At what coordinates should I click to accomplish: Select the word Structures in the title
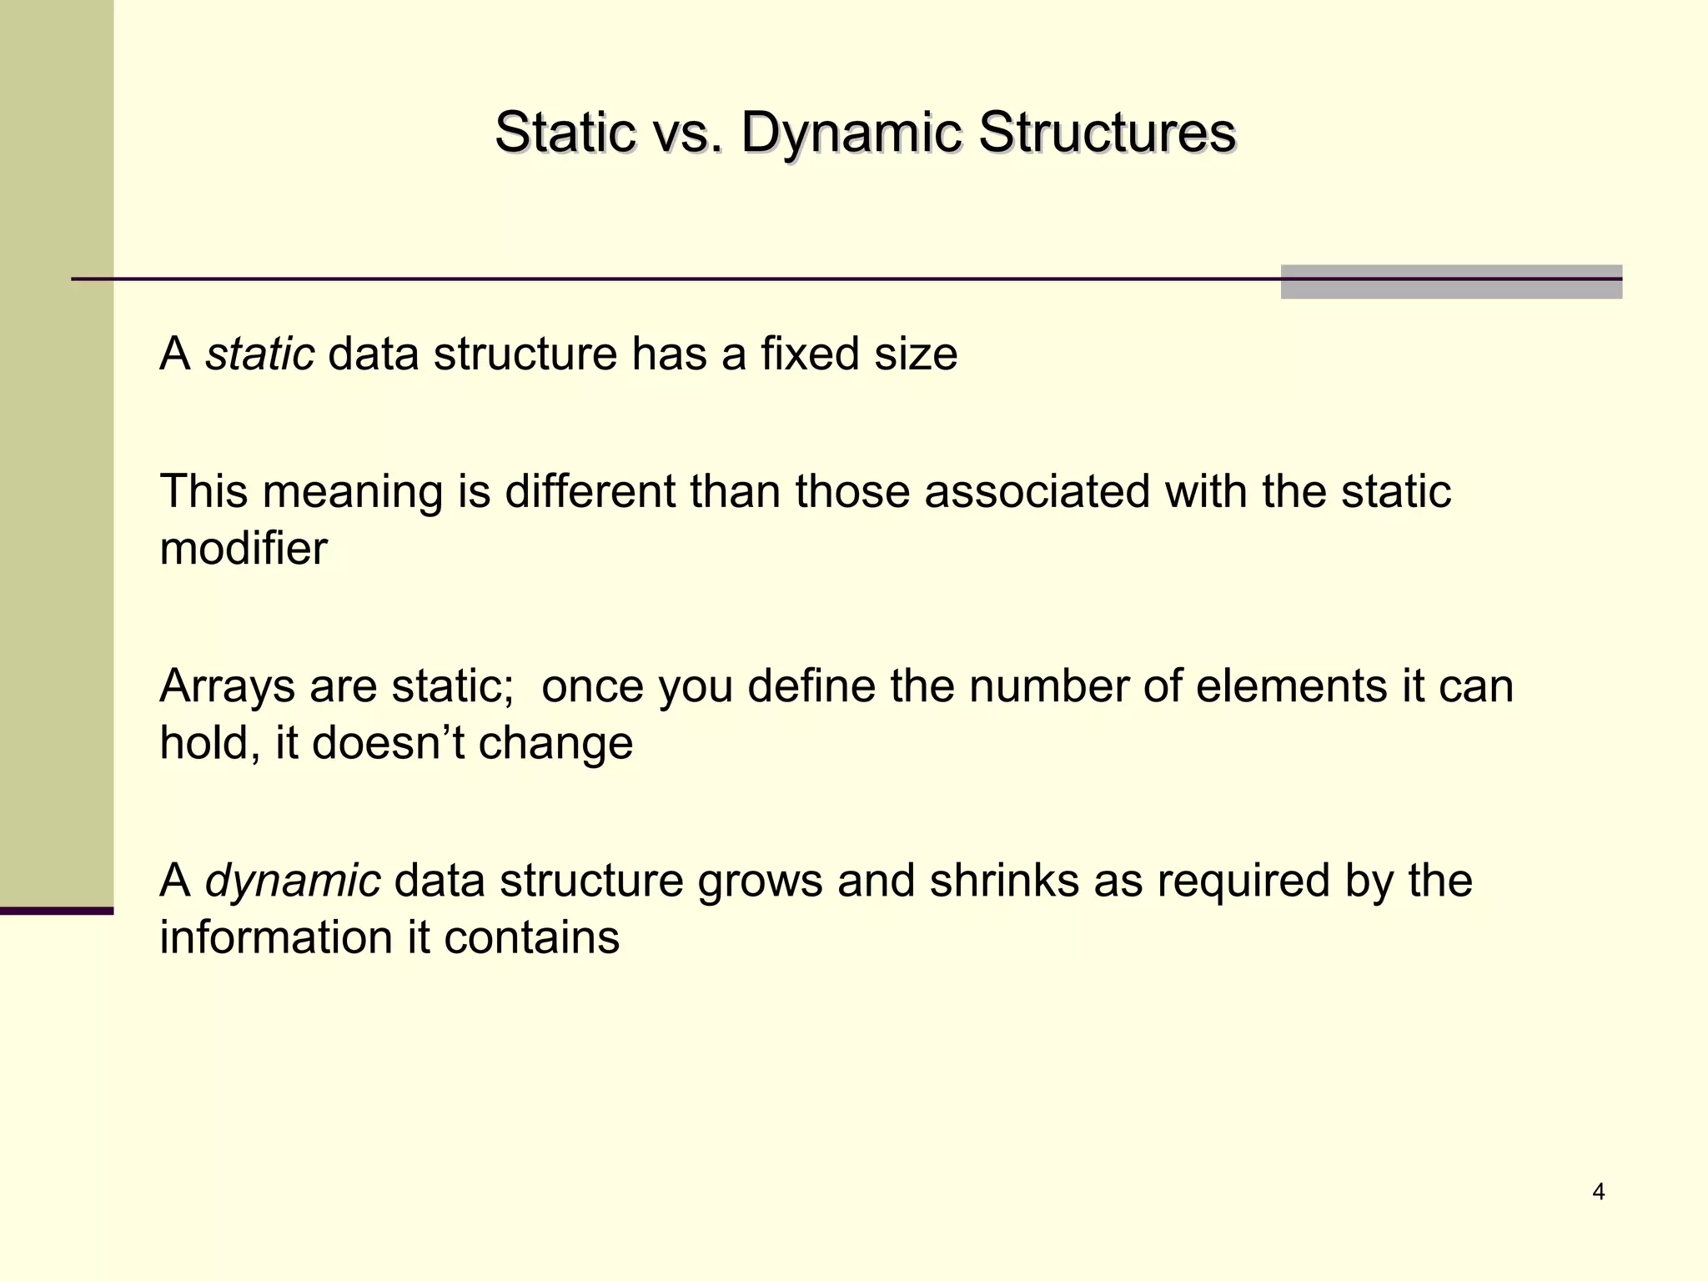1107,133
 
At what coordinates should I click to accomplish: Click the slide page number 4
1598,1192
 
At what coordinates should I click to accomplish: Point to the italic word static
259,354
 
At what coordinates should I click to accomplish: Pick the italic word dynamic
293,881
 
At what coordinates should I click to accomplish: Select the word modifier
244,549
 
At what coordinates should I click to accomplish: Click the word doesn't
388,742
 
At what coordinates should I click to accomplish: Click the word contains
532,937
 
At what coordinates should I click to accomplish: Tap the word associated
1037,491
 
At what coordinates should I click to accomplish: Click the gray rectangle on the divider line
1450,282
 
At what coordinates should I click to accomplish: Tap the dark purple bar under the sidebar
56,911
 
